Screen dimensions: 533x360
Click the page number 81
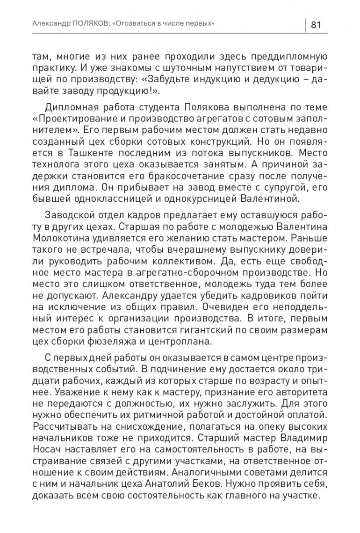coord(316,24)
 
